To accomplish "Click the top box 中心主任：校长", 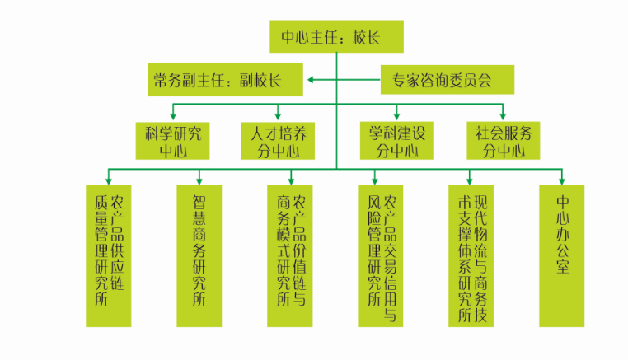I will (x=336, y=36).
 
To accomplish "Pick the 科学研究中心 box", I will (x=173, y=141).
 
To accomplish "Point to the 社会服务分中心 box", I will (x=503, y=141).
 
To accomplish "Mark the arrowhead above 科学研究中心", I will (x=173, y=116).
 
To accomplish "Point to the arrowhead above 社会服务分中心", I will (x=503, y=116).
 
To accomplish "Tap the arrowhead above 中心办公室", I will (x=562, y=179).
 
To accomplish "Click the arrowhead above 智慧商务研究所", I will (x=199, y=179).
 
